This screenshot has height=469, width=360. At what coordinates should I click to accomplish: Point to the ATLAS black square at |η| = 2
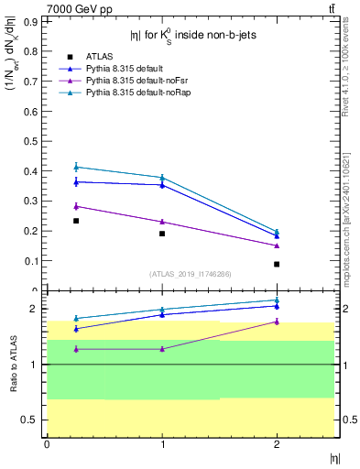[x=277, y=264]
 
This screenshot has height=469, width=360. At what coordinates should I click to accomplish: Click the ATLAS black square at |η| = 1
[x=162, y=234]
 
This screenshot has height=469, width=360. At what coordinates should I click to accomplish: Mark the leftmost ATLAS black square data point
[x=76, y=221]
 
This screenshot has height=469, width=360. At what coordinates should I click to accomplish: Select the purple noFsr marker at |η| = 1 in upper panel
[x=162, y=222]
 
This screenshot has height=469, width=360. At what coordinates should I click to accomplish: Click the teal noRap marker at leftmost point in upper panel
[x=76, y=167]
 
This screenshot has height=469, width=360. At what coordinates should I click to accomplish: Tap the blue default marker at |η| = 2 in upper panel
[x=277, y=235]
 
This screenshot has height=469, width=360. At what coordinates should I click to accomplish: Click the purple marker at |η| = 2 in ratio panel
[x=277, y=322]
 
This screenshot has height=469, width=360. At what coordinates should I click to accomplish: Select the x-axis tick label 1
[x=162, y=444]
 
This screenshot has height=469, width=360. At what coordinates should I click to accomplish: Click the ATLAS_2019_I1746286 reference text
[x=190, y=274]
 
